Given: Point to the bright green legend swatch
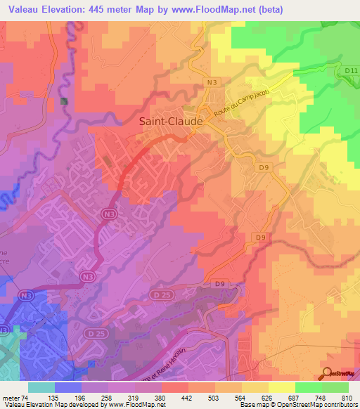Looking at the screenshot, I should [x=309, y=387].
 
